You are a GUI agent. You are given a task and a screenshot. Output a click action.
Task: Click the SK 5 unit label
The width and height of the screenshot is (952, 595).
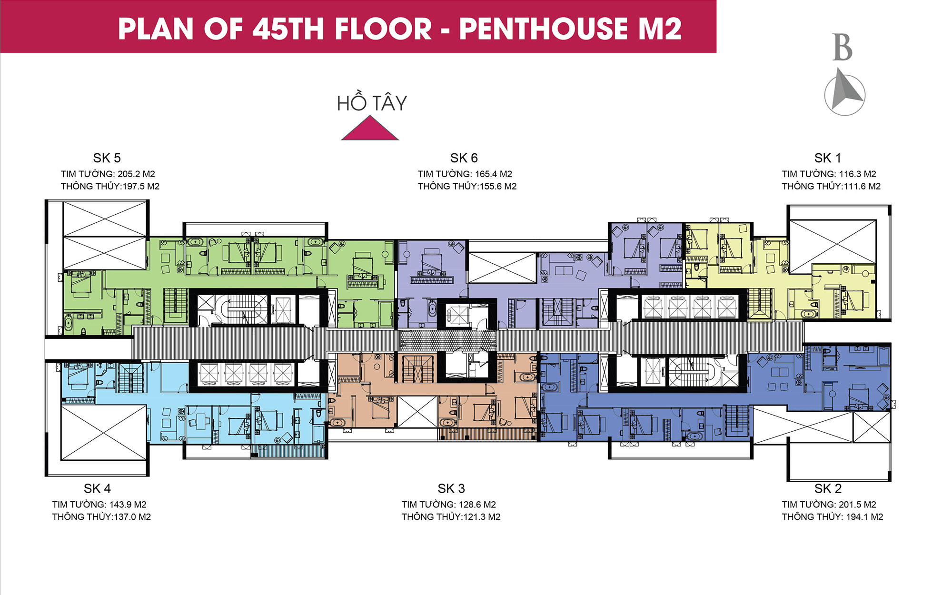coord(107,158)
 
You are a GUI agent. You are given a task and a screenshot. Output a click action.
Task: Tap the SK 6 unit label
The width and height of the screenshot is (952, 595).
coord(464,158)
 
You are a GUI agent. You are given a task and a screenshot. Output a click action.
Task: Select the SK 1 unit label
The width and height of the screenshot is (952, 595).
coord(828,158)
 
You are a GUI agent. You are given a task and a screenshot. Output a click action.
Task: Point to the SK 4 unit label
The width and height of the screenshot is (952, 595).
coord(97,489)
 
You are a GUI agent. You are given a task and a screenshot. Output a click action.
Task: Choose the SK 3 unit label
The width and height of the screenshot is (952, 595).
coord(451,489)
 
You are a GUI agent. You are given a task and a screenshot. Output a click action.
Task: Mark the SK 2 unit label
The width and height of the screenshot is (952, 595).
coord(828,489)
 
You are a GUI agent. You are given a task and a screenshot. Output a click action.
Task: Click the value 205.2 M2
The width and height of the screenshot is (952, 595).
coord(136,174)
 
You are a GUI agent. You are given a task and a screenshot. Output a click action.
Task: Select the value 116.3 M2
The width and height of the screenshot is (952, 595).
coord(858,174)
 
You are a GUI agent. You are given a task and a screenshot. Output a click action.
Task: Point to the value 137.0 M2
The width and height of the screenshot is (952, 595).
coord(132,517)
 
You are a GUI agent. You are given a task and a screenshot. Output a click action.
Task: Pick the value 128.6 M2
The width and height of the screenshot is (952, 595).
coord(477,505)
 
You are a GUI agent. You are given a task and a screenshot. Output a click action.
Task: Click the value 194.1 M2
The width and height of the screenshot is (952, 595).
coord(864,517)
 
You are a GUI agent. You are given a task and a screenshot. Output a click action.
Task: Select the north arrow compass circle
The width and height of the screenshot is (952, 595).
coord(845,95)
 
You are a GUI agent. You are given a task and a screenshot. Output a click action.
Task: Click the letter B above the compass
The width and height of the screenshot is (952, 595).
coord(842,47)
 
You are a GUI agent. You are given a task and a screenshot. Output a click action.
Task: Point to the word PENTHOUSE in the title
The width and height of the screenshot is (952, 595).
coord(544,29)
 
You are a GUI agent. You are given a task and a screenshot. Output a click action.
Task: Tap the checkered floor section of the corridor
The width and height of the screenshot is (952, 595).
coord(448,340)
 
